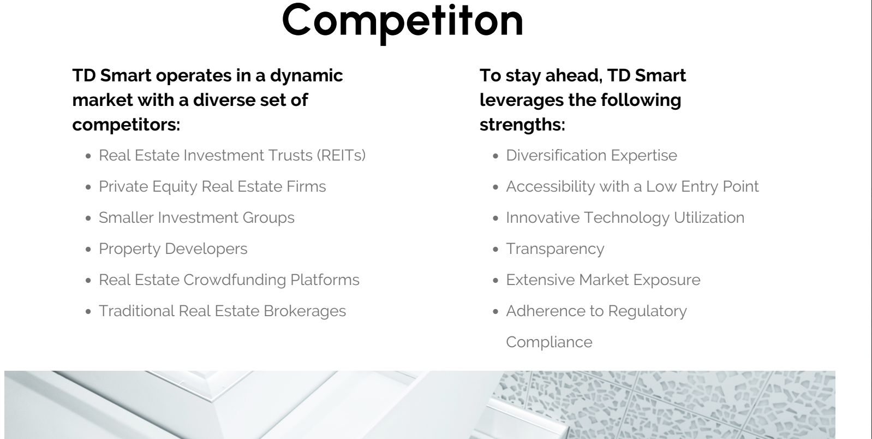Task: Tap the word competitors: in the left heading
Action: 126,125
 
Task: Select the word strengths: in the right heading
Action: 522,125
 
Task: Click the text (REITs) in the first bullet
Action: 341,156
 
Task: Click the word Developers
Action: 206,249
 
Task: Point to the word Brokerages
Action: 305,312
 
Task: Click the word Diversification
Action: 556,156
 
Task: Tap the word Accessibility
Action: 551,187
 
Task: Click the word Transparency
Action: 555,250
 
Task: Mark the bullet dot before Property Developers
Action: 88,250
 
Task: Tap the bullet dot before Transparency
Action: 495,250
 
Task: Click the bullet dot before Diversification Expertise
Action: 495,156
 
